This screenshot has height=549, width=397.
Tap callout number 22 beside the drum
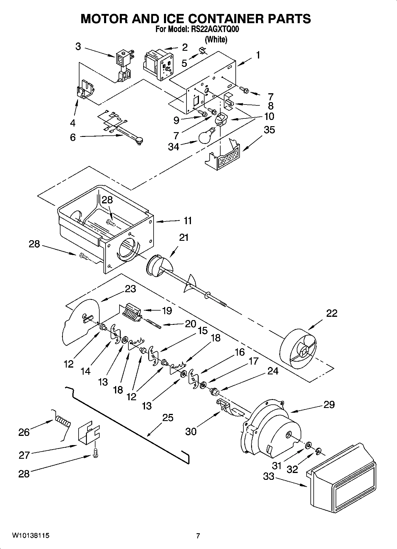[331, 313]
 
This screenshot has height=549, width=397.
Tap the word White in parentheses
[216, 39]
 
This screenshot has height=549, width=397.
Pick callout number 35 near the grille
[269, 130]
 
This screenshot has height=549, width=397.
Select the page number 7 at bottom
[198, 536]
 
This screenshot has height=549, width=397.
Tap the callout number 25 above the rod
[168, 418]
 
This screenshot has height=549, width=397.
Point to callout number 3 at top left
[78, 47]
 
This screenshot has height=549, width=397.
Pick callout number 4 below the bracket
[73, 123]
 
